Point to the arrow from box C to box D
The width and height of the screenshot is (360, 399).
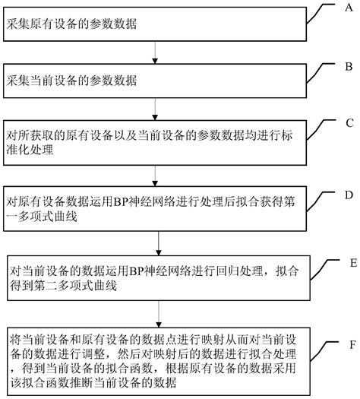(x=156, y=176)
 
